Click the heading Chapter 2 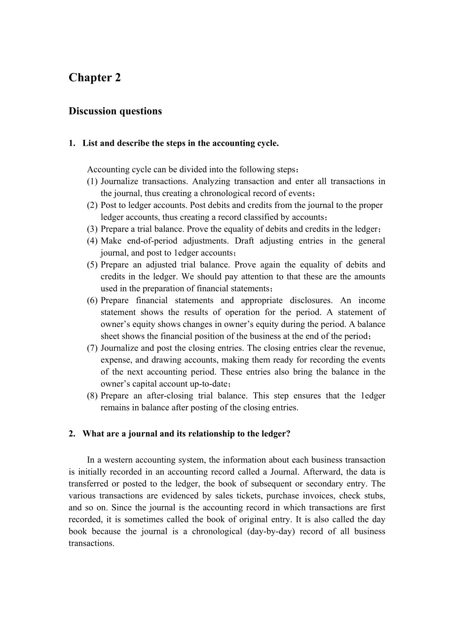click(95, 78)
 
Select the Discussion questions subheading click(115, 111)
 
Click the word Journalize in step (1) click(119, 181)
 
